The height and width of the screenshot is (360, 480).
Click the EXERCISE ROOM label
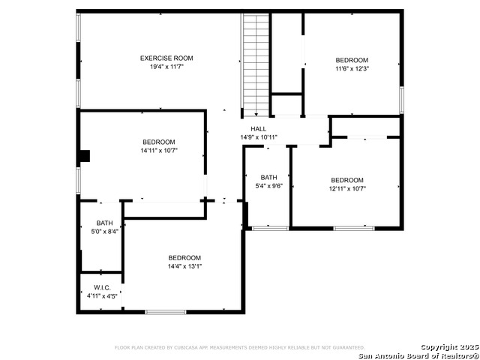(166, 58)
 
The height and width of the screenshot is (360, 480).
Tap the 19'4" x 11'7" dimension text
(166, 67)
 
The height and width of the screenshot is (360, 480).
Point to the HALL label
(258, 129)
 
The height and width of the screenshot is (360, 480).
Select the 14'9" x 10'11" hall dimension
(259, 137)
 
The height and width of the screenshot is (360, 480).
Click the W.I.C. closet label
(102, 288)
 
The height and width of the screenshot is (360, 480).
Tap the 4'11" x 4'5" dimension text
(102, 296)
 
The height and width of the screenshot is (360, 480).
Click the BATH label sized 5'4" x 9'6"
(268, 177)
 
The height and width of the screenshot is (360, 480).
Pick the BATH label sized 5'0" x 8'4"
(105, 223)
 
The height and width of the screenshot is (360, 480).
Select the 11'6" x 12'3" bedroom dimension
(352, 68)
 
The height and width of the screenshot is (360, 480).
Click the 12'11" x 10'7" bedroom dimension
(347, 188)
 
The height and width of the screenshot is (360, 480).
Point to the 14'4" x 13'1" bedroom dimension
(184, 266)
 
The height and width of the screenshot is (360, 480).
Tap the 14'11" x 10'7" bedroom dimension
(159, 150)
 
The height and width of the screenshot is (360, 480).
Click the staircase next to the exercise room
(256, 65)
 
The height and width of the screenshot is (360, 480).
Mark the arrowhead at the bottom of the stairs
(256, 115)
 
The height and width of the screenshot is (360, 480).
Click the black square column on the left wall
(85, 156)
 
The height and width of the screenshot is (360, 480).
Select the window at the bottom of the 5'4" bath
(270, 228)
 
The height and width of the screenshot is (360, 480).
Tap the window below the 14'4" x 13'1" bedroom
(166, 312)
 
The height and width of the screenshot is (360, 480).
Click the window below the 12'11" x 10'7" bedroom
(354, 228)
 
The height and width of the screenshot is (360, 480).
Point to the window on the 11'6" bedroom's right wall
(402, 100)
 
